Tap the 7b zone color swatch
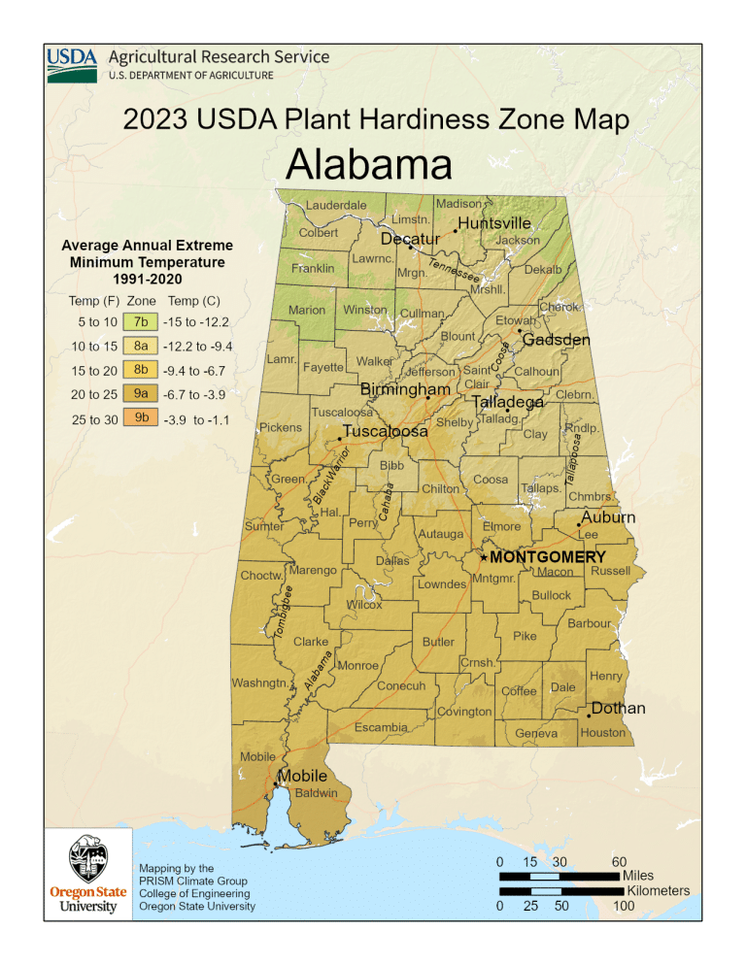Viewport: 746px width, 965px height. pyautogui.click(x=142, y=321)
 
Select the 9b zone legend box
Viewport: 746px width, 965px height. pyautogui.click(x=142, y=419)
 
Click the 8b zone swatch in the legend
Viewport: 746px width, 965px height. pyautogui.click(x=142, y=371)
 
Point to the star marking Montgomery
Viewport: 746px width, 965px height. pyautogui.click(x=484, y=558)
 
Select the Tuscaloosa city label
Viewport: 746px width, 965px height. pyautogui.click(x=386, y=431)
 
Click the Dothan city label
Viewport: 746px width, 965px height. pyautogui.click(x=618, y=709)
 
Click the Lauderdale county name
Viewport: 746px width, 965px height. pyautogui.click(x=336, y=205)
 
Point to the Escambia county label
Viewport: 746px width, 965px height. pyautogui.click(x=380, y=727)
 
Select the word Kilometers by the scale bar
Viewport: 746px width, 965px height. pyautogui.click(x=659, y=890)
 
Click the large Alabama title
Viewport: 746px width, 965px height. pyautogui.click(x=369, y=165)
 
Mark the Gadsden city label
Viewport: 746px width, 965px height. pyautogui.click(x=556, y=341)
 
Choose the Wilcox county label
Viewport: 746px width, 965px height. pyautogui.click(x=364, y=605)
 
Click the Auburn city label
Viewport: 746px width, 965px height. pyautogui.click(x=608, y=517)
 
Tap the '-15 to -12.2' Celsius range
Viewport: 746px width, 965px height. pyautogui.click(x=196, y=321)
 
